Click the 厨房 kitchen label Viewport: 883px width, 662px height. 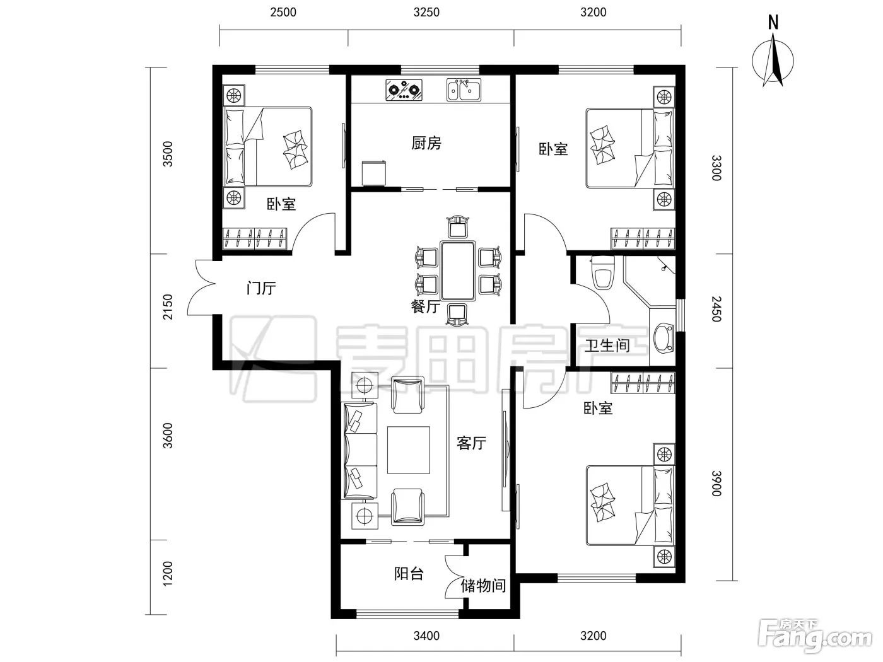coord(426,142)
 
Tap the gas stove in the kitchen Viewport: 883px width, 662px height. coord(404,90)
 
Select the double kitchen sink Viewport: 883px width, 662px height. coord(464,90)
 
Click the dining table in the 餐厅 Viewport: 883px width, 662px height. coord(458,270)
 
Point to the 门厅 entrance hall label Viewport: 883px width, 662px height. coord(261,288)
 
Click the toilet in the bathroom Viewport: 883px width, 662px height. coord(602,273)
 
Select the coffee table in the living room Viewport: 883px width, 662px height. coord(408,450)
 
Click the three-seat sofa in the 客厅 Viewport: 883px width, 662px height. coord(360,450)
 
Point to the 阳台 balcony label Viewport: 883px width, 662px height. coord(409,574)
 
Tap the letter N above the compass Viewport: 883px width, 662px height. coord(773,23)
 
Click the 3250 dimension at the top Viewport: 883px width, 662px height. coord(426,12)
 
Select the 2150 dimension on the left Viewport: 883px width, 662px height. coord(168,307)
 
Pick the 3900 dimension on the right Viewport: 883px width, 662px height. coord(716,483)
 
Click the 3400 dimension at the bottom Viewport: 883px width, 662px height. coord(426,636)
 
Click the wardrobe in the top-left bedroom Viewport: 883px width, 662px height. coord(255,238)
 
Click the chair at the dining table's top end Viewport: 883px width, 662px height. coord(458,227)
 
